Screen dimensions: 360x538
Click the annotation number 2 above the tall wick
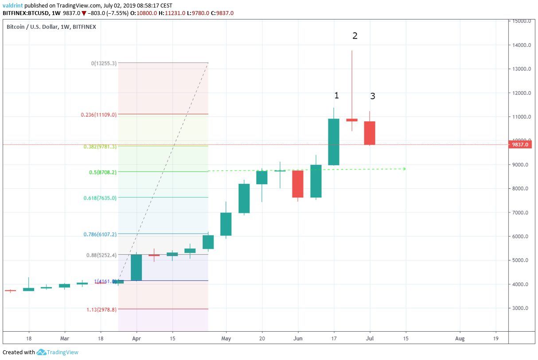355,36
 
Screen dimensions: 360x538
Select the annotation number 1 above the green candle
336,95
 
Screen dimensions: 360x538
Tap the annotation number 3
373,96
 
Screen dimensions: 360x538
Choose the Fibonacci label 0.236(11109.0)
98,115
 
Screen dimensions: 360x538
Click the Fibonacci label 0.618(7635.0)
100,198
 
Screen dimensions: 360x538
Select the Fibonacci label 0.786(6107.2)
100,234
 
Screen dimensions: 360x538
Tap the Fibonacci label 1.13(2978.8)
101,310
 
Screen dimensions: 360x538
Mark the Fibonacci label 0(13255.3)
104,63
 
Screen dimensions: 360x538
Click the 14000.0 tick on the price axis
521,45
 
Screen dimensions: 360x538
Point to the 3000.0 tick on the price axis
522,308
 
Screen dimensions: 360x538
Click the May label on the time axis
226,339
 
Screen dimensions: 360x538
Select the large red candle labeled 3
370,133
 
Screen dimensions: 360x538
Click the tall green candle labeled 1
334,142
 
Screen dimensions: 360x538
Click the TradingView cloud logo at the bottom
42,352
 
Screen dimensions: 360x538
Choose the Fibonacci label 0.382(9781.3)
100,147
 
